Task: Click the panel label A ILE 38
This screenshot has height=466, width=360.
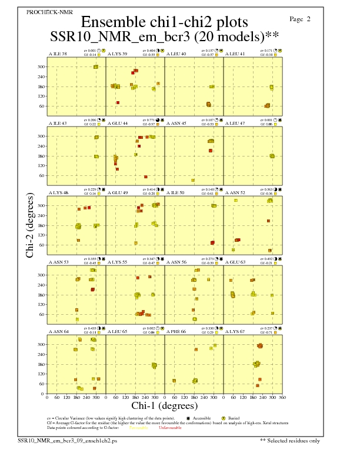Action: coord(58,54)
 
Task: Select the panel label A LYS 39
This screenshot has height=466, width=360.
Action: coord(118,54)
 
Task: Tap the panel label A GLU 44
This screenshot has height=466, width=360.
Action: coord(118,124)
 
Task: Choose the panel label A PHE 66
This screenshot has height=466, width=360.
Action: coord(176,332)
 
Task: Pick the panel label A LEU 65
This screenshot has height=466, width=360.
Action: coord(118,332)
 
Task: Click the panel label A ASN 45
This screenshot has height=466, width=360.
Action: coord(176,124)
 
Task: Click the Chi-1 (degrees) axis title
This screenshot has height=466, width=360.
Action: coord(165,406)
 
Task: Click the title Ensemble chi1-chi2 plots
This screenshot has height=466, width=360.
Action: coord(164,22)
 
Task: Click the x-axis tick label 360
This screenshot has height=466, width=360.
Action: coord(282,397)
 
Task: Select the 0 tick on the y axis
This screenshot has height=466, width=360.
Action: coord(42,393)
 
